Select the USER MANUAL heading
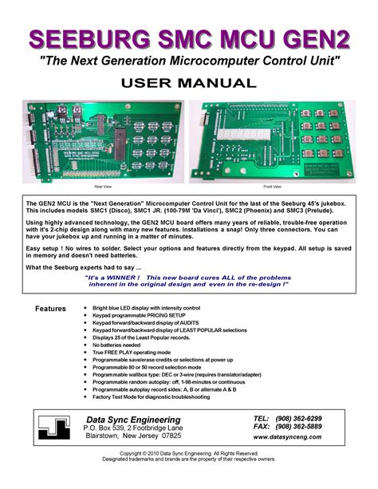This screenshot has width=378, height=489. [188, 83]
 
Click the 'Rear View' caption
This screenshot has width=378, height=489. [103, 186]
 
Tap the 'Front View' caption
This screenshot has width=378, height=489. [273, 186]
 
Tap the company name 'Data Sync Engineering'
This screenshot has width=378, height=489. [132, 420]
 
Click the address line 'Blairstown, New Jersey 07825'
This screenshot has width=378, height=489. [132, 437]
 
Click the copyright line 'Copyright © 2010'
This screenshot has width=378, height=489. [188, 453]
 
